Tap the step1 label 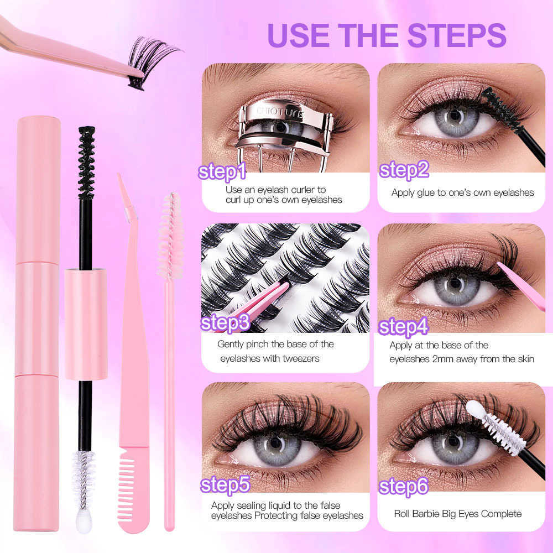pos(222,171)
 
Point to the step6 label pos(404,487)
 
